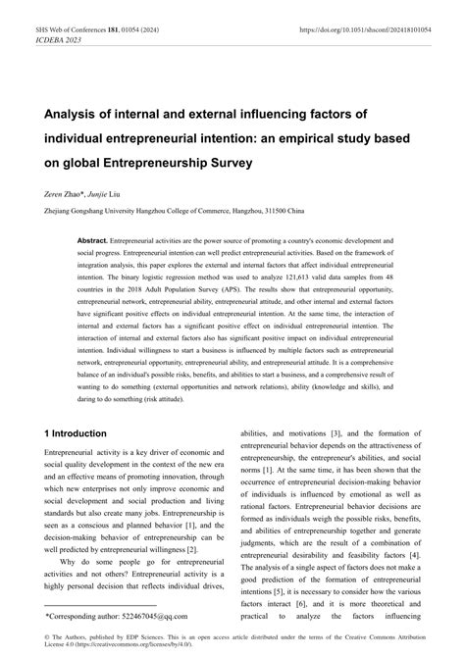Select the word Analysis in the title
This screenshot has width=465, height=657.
(x=75, y=112)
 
